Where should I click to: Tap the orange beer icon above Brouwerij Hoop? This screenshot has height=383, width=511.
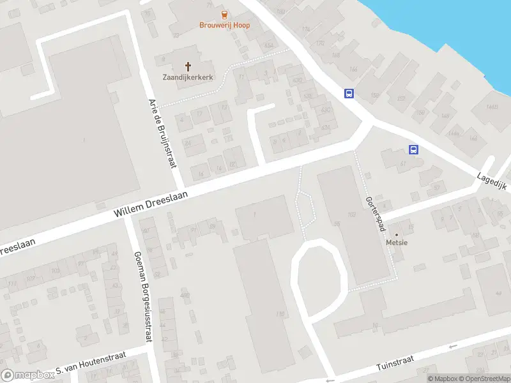coord(223,14)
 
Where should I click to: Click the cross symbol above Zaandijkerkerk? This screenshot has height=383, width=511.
coord(188,66)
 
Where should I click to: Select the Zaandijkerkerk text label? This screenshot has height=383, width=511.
coord(188,77)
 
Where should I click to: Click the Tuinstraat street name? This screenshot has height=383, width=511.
coord(395,363)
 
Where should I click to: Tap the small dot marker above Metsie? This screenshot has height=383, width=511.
coord(395,234)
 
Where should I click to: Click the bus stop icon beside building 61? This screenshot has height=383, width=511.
coord(414,150)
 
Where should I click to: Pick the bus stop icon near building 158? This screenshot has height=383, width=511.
coord(349,93)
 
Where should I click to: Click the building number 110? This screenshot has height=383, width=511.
coord(279,313)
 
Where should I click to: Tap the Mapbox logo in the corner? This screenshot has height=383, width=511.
coord(27,375)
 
